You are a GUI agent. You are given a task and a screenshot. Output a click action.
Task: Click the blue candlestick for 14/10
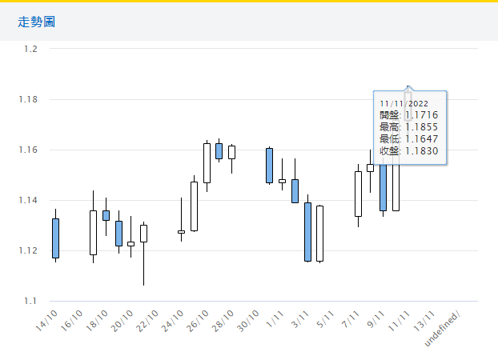[x=55, y=238]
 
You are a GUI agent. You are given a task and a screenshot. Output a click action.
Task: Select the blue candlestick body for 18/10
[x=106, y=215]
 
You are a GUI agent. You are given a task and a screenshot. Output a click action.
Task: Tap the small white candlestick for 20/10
[x=131, y=243]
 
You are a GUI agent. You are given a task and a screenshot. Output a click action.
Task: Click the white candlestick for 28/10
[x=231, y=152]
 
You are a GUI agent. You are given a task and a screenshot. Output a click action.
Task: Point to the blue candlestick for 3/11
[x=307, y=231]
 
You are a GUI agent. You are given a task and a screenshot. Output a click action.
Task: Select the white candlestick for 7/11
[x=358, y=194]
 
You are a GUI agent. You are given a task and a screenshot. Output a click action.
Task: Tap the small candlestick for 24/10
[x=181, y=232]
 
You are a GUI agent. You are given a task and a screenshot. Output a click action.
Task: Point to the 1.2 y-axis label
[x=31, y=49]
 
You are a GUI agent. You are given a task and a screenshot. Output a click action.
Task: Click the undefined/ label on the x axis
[x=448, y=327]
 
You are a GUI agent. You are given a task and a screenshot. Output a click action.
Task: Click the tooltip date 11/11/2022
[x=404, y=103]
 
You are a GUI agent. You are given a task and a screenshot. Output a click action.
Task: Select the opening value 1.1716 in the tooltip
[x=422, y=115]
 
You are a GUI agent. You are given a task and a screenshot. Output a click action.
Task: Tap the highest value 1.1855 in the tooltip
[x=422, y=127]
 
